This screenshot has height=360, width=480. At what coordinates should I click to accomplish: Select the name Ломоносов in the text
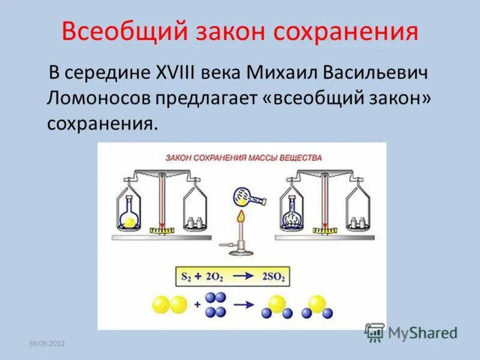pyautogui.click(x=97, y=99)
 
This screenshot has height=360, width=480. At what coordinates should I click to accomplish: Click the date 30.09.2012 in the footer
pyautogui.click(x=47, y=343)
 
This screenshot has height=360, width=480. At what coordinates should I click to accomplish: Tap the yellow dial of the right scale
pyautogui.click(x=324, y=230)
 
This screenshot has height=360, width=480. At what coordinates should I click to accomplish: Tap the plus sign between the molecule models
pyautogui.click(x=198, y=305)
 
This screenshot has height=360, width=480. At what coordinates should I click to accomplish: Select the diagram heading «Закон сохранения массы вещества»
pyautogui.click(x=244, y=158)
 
